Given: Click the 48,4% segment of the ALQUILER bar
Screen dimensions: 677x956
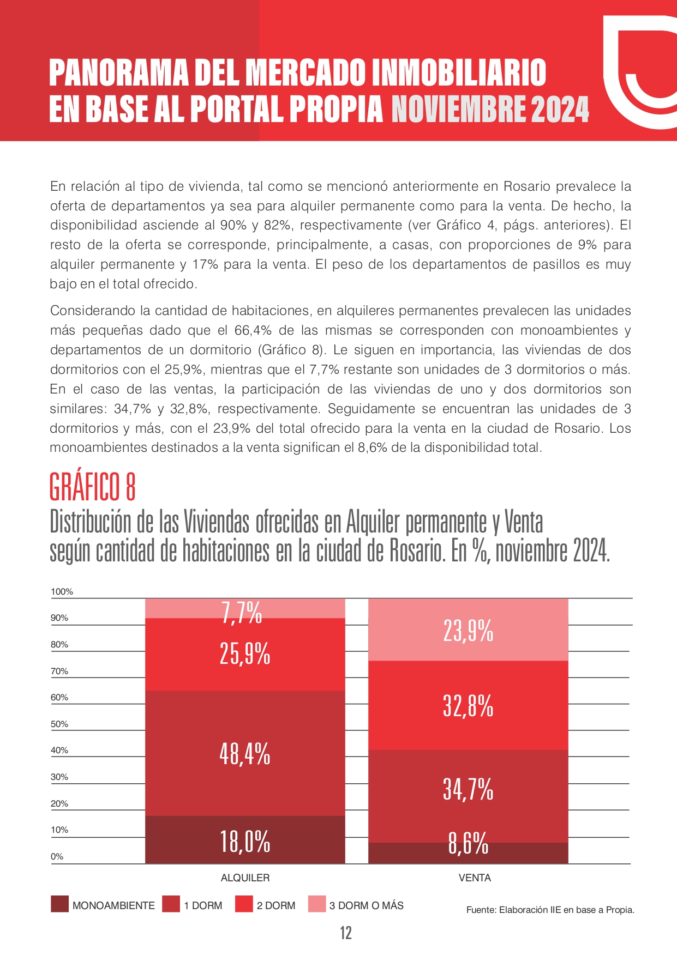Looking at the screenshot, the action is tap(245, 753).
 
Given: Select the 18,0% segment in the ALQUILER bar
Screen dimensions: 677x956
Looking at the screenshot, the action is tap(245, 839).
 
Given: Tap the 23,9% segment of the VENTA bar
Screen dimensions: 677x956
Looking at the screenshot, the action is tap(468, 630).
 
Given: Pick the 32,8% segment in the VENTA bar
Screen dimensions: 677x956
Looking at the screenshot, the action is tap(468, 705).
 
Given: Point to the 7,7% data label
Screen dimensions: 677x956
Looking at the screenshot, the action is tap(242, 613).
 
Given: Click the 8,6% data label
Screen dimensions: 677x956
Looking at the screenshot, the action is tap(468, 843).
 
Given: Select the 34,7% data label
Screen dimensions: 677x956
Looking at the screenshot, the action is tap(468, 789).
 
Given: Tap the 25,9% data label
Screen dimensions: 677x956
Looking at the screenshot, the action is tap(245, 654).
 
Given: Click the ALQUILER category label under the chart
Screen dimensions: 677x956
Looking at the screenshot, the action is tap(245, 878).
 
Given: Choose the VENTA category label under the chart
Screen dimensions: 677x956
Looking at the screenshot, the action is tap(475, 878).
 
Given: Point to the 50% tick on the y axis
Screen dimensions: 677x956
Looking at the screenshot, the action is tap(59, 724).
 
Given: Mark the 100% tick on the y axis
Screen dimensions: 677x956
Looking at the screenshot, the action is tap(62, 591).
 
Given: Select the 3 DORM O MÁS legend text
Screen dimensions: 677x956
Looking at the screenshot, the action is tap(366, 905).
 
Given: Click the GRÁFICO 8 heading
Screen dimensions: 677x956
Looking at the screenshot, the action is tap(92, 486).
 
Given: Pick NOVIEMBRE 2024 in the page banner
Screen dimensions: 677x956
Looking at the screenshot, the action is tap(490, 109).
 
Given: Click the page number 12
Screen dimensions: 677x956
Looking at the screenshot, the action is tap(346, 933).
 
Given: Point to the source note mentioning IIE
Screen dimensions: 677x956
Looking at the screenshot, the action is tap(550, 910).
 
